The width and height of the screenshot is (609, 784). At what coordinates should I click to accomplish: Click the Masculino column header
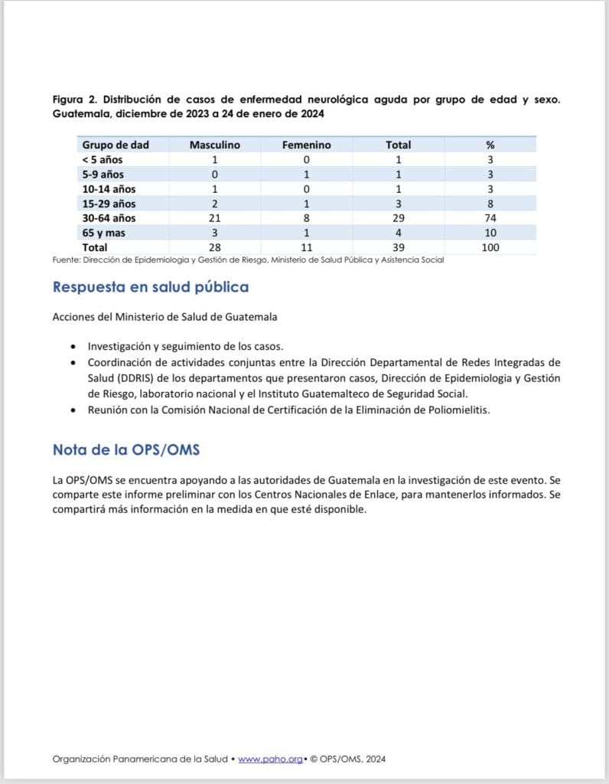pos(215,145)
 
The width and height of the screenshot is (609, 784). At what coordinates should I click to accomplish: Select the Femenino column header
pos(306,145)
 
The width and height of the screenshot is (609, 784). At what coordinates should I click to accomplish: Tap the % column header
pos(490,145)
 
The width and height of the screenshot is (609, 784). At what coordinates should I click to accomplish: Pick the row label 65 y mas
pos(103,233)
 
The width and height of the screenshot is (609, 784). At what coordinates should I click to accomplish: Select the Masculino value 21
pos(215,218)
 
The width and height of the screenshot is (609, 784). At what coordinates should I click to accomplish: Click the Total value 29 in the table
pos(398,218)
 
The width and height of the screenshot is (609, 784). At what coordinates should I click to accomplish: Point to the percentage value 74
pos(490,218)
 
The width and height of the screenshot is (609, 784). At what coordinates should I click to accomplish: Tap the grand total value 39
pos(398,247)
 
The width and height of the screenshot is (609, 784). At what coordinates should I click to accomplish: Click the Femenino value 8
pos(306,218)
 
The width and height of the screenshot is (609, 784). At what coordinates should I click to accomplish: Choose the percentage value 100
pos(490,247)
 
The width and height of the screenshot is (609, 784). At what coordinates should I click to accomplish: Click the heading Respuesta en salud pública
pos(150,288)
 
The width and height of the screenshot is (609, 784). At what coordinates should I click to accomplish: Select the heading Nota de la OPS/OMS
pos(126,449)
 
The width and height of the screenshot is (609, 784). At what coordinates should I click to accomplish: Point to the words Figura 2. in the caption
pos(74,100)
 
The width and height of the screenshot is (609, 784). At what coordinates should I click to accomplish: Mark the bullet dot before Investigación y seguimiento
pos(73,346)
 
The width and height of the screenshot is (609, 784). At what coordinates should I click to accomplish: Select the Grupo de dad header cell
pos(116,145)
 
